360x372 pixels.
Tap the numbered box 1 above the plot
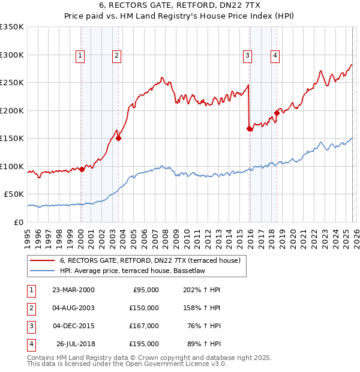click(80, 56)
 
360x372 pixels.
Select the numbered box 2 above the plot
click(116, 56)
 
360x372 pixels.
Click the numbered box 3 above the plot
click(247, 56)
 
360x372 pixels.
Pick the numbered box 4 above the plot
click(275, 56)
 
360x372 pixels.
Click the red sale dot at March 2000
click(82, 169)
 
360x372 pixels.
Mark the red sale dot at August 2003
click(118, 138)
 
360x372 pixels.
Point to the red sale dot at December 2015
click(250, 128)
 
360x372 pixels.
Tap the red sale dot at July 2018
click(277, 113)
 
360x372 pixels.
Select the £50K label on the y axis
click(14, 194)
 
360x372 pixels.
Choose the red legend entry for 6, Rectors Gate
click(150, 260)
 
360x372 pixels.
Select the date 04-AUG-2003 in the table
click(73, 308)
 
